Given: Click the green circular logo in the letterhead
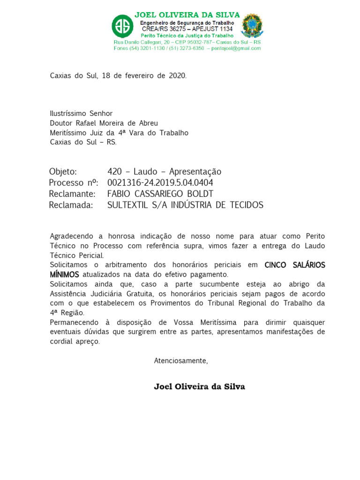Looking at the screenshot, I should pos(122,26).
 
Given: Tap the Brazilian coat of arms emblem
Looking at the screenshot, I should pos(252,26).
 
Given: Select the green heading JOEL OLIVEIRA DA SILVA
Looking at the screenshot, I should pos(187,15).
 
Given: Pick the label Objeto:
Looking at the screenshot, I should pos(63,172).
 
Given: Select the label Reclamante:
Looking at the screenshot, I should pos(72,194).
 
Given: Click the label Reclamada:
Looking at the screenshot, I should pos(71,205).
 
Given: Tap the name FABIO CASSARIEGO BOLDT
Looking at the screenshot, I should pos(160,194).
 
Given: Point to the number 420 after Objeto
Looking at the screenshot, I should pos(114,172).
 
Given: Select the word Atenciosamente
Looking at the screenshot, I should pos(180,361).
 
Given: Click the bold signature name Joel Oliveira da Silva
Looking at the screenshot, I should pos(199,387).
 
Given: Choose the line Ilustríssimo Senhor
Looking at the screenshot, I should pos(81,113).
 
